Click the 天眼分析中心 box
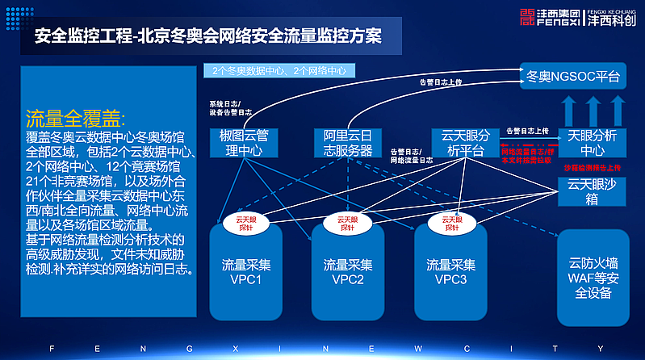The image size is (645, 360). coord(593,141)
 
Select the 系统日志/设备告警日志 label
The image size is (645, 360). coord(231,108)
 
